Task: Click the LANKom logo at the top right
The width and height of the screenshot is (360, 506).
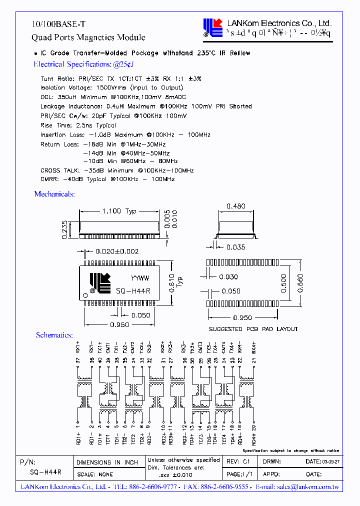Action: coord(212,27)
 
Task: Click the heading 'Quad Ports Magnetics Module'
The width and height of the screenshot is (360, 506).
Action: coord(88,37)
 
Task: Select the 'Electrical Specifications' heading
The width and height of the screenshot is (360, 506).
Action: coord(83,64)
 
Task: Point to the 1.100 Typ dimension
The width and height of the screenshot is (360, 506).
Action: coord(118,211)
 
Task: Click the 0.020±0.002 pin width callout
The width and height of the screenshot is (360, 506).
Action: coord(117,251)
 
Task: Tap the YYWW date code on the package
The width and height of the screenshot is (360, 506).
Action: coord(140,278)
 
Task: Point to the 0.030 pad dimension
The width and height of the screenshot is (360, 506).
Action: coord(228,277)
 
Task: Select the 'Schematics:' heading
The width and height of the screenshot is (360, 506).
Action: coord(54,335)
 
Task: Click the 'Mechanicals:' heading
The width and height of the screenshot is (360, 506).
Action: coord(54,194)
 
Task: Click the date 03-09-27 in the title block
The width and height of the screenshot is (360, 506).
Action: coord(329,462)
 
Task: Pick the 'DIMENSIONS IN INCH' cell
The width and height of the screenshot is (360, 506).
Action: coord(107,462)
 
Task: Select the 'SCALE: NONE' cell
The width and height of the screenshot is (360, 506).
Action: coord(95,474)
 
